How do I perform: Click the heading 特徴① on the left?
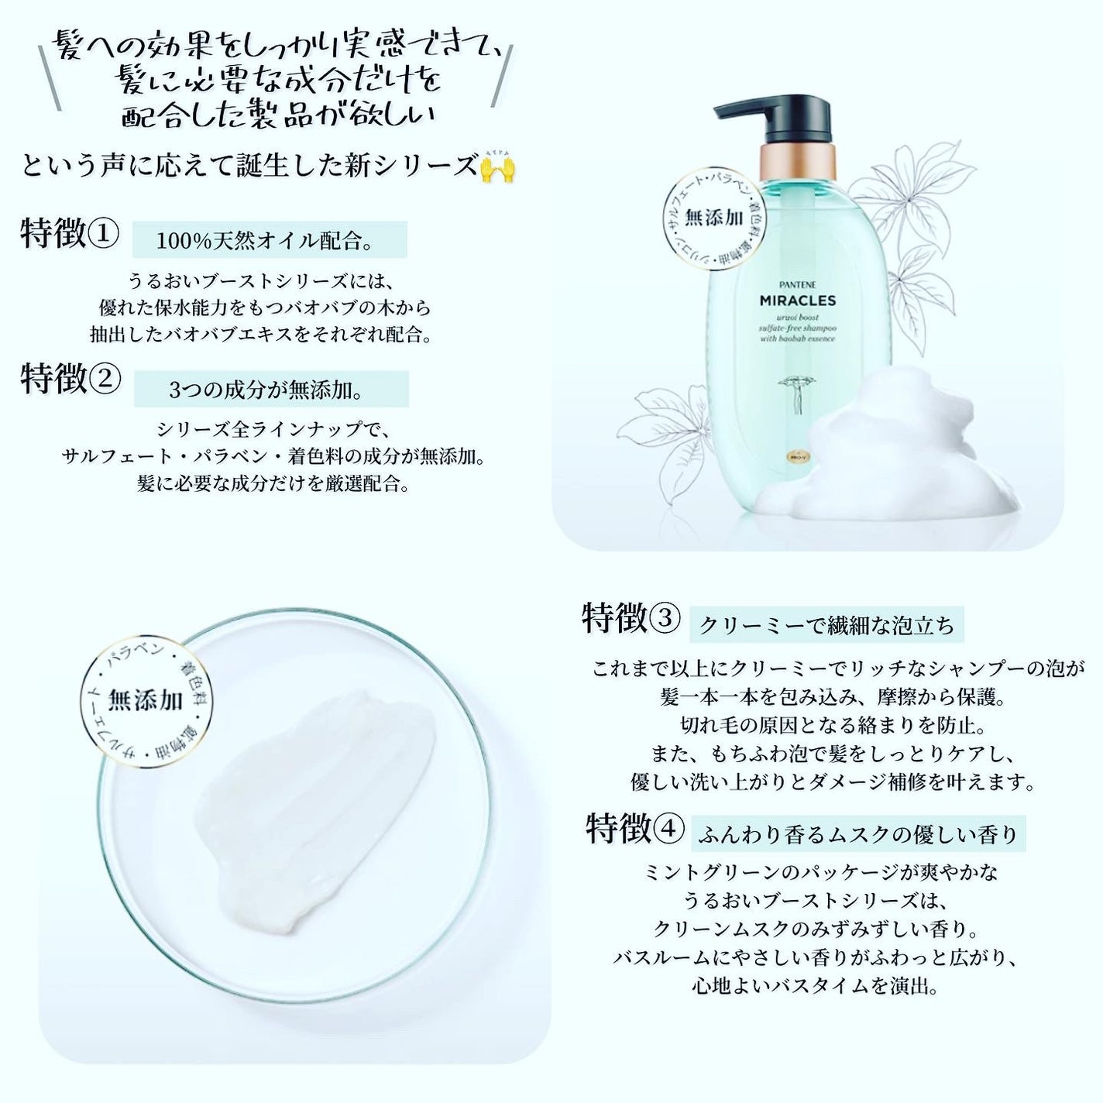pos(70,234)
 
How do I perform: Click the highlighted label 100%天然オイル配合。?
pos(270,240)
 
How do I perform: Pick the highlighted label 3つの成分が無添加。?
pos(271,390)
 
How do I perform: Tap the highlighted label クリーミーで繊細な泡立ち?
pos(826,625)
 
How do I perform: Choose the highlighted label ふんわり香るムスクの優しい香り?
pos(857,834)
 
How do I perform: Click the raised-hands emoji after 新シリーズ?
pos(497,166)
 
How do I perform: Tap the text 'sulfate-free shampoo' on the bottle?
pos(785,328)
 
